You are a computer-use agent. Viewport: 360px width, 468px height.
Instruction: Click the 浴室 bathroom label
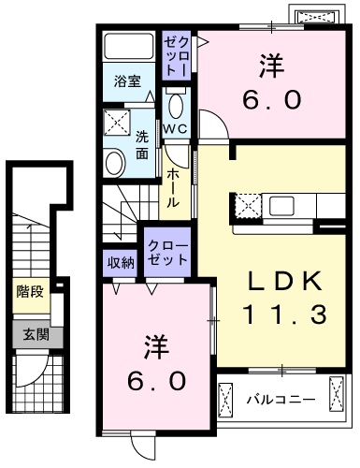tap(129, 80)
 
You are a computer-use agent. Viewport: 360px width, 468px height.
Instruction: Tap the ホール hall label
tap(174, 188)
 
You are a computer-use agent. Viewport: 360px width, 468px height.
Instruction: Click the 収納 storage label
tap(120, 262)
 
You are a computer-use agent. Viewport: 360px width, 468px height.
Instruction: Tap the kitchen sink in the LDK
tap(281, 204)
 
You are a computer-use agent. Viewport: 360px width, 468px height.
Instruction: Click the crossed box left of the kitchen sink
tap(246, 205)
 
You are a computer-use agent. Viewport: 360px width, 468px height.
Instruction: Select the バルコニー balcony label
tap(281, 400)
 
